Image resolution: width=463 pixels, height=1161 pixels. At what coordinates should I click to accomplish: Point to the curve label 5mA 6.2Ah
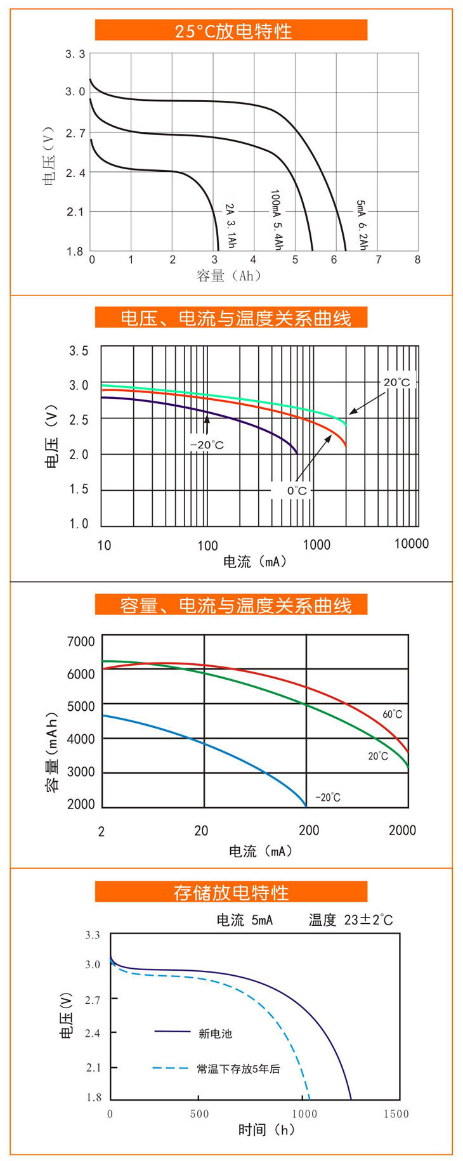pos(362,225)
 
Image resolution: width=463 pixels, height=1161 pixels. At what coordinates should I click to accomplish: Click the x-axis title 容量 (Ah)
pos(228,276)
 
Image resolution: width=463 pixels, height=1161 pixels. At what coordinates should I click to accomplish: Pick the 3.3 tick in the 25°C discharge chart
pos(75,55)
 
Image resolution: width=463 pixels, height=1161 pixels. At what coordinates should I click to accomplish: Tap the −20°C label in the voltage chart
pos(207,445)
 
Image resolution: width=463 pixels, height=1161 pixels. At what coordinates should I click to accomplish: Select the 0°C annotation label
pos(296,490)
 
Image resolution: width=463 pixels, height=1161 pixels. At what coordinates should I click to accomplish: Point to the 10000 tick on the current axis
pos(411,544)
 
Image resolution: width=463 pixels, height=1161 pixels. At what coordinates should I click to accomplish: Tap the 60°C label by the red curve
pos(392,715)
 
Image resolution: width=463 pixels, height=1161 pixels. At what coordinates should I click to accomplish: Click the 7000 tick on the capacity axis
pos(81,642)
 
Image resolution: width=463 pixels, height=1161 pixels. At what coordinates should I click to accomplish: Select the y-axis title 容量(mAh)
pos(52,753)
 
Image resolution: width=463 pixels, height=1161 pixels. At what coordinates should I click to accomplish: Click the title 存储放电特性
pos(231,892)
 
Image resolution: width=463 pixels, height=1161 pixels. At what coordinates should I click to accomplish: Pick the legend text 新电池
pos(215,1034)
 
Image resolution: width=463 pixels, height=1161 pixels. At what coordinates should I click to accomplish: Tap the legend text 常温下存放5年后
pos(238,1069)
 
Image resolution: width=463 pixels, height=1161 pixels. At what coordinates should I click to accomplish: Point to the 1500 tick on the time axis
pos(396,1113)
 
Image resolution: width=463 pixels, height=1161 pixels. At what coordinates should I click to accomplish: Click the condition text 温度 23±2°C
pos(351,920)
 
